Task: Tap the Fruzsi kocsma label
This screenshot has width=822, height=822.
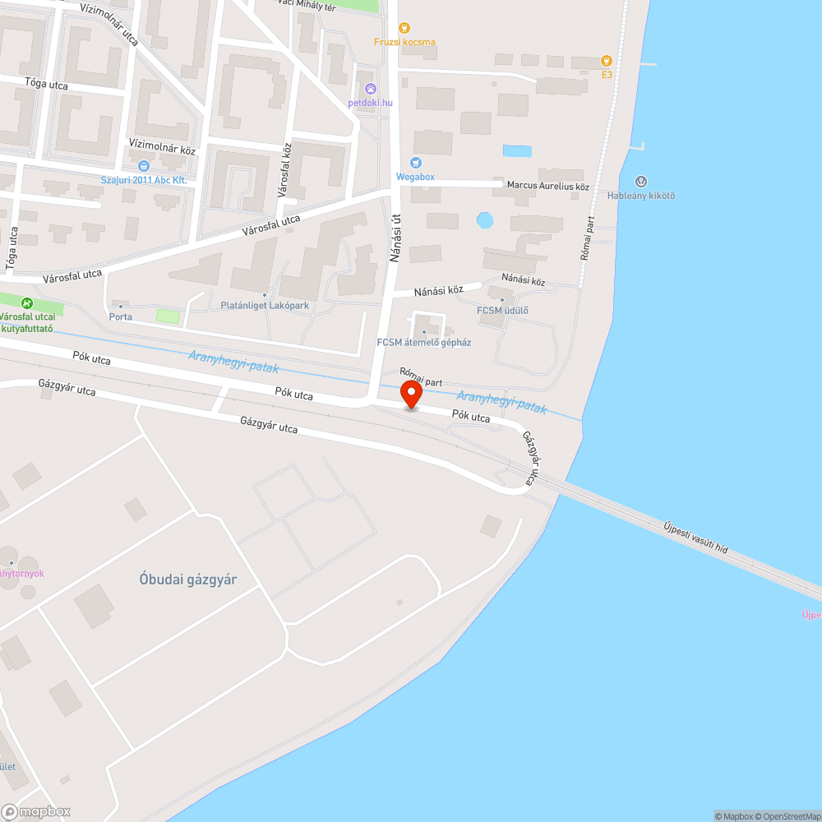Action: (x=404, y=42)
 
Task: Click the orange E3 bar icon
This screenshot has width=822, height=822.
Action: (x=607, y=60)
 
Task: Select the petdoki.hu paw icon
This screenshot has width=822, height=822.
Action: (x=371, y=88)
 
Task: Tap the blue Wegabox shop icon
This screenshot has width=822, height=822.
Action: (x=415, y=162)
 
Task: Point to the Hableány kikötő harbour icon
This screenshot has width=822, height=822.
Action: (x=641, y=181)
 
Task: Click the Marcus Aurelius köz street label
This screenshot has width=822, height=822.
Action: (x=547, y=186)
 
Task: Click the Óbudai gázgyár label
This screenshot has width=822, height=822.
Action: (x=188, y=580)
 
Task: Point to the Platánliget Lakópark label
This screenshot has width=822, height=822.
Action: (x=265, y=306)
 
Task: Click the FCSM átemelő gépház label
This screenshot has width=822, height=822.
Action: (x=423, y=342)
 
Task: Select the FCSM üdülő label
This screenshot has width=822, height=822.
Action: (x=502, y=310)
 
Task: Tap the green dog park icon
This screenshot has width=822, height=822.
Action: (x=28, y=303)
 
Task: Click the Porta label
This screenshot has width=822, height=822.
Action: (x=120, y=316)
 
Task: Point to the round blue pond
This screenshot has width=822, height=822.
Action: (x=485, y=220)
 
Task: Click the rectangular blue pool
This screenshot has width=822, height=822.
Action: (x=517, y=151)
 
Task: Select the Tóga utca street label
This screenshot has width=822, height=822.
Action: (x=46, y=84)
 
